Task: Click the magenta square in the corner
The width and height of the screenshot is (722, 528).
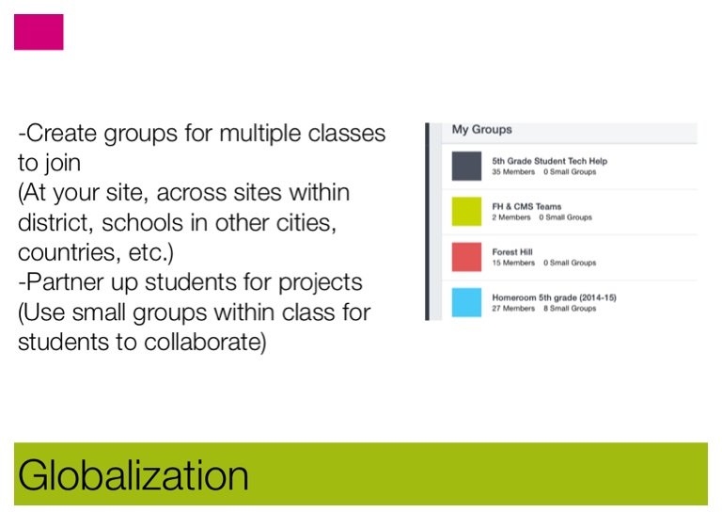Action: pos(39,32)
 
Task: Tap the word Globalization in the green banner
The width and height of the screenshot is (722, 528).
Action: pos(133,475)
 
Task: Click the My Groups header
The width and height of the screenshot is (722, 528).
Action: pos(481,130)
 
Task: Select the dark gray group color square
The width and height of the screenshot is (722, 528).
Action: pos(466,166)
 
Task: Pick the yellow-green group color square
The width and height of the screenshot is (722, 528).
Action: pos(466,212)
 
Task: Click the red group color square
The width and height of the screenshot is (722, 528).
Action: pos(466,257)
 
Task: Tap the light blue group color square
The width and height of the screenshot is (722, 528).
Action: pos(466,302)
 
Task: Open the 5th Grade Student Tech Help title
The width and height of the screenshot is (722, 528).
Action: pos(549,161)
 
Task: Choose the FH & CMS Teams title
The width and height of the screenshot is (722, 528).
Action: pos(526,207)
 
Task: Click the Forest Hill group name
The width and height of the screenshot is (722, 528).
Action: pos(512,252)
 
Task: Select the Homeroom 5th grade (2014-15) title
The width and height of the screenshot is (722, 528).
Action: pos(554,297)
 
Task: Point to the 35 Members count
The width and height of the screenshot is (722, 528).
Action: pos(513,172)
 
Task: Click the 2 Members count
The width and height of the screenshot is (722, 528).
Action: pos(511,217)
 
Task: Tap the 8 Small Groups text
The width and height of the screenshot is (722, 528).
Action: pos(570,309)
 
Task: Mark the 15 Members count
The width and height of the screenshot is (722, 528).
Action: pos(513,263)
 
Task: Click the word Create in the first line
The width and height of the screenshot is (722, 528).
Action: pos(61,134)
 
